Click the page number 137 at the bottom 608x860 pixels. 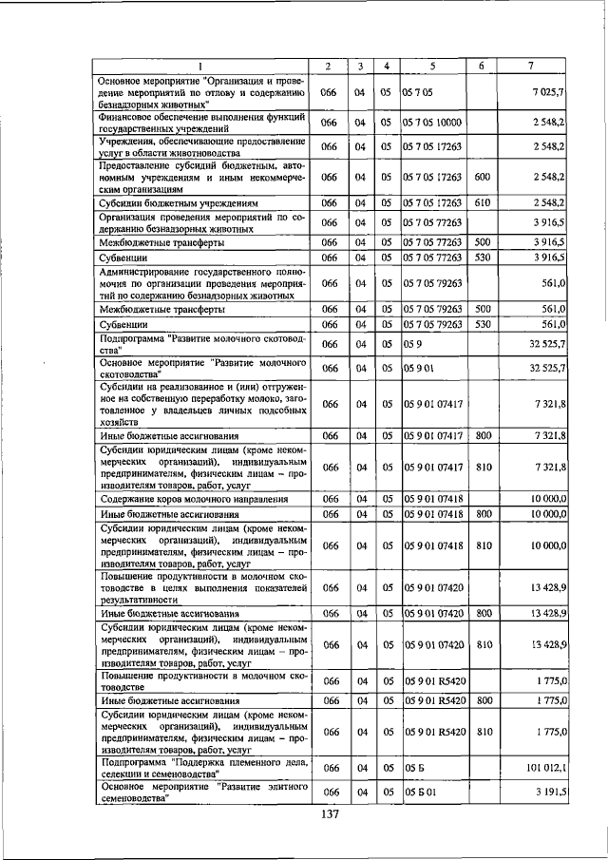click(330, 814)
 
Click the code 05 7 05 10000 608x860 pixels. click(432, 123)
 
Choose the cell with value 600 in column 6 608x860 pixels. click(482, 177)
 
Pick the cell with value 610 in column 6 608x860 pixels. click(482, 202)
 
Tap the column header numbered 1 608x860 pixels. click(201, 66)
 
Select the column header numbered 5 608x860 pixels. click(432, 66)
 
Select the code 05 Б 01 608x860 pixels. click(419, 792)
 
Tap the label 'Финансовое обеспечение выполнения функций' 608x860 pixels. click(201, 117)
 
